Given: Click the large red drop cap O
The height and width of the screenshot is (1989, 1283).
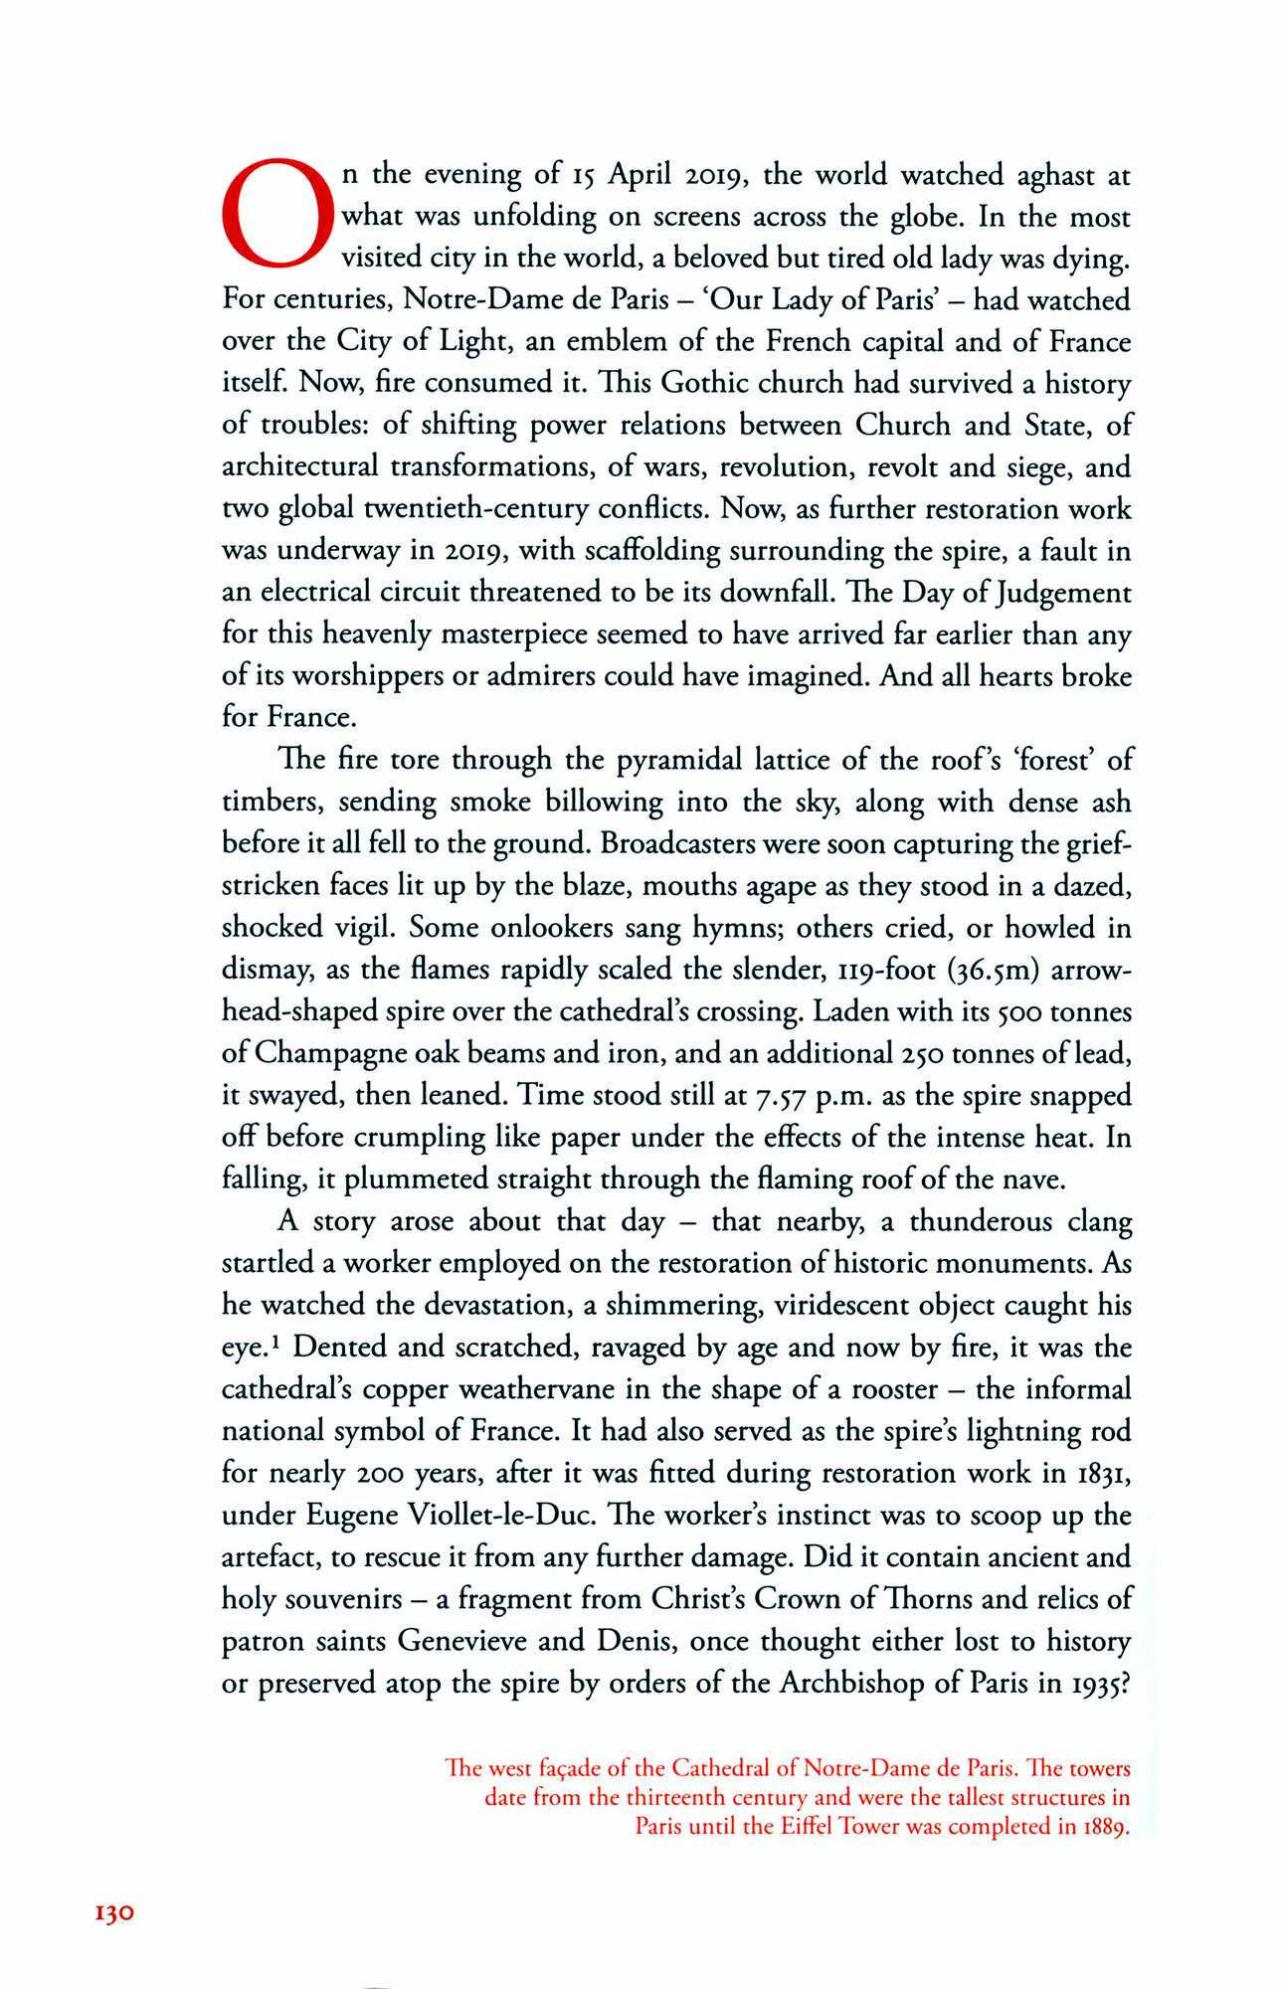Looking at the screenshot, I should pyautogui.click(x=275, y=214).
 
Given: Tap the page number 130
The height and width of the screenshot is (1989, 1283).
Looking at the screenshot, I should pyautogui.click(x=113, y=1912).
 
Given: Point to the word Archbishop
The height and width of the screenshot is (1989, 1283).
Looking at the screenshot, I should pyautogui.click(x=851, y=1683).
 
